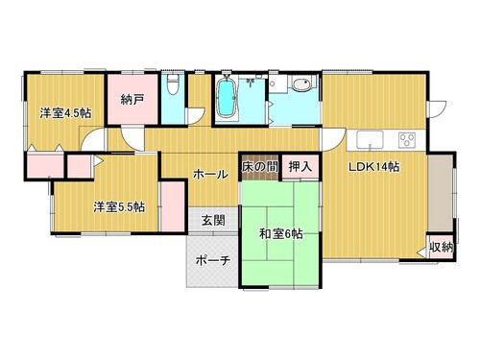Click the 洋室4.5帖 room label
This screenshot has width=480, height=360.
(x=65, y=113)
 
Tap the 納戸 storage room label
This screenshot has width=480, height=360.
(x=132, y=100)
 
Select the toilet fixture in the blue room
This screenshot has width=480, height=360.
(x=173, y=84)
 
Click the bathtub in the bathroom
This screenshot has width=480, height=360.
(x=227, y=98)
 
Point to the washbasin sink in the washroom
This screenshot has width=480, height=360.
(x=301, y=84)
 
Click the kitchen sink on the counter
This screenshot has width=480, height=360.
(x=370, y=140)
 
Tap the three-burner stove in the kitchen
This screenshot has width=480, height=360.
(x=407, y=140)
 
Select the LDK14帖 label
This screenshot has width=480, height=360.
(x=373, y=167)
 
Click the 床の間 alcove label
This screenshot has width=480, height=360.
(x=259, y=166)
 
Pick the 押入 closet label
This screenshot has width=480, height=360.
(x=300, y=166)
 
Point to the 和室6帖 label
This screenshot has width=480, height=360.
(x=280, y=234)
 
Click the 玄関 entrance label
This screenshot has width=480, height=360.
(x=213, y=221)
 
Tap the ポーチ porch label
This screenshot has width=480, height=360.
(x=213, y=260)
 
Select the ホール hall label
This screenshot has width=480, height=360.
(x=211, y=175)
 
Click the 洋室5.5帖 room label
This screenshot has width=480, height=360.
(x=119, y=207)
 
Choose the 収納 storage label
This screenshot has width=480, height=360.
(x=441, y=247)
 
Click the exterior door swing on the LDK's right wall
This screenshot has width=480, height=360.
(x=439, y=109)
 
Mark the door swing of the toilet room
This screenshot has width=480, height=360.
(x=196, y=116)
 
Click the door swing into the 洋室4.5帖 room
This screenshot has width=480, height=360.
(x=93, y=139)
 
